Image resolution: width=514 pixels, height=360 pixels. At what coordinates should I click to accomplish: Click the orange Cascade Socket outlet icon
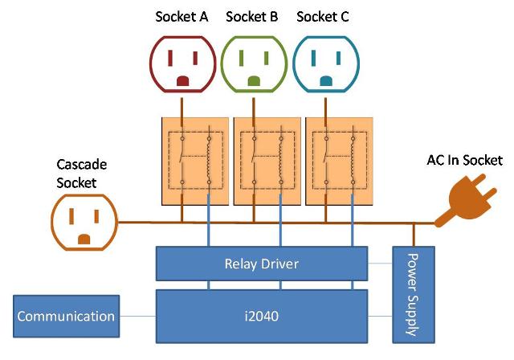tap(84, 221)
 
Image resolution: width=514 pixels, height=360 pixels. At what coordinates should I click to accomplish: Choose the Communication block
tap(66, 316)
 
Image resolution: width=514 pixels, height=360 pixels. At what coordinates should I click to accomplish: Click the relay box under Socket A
tap(195, 161)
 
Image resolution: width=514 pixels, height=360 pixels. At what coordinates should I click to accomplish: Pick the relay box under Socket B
tap(266, 161)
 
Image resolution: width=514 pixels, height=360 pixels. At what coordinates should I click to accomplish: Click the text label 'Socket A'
tap(182, 15)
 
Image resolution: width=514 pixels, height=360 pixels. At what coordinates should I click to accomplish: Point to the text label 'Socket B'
tap(252, 15)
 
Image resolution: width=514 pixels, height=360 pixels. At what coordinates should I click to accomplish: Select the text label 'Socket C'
tap(323, 15)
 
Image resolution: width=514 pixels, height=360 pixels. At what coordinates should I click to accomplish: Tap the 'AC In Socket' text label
tap(464, 160)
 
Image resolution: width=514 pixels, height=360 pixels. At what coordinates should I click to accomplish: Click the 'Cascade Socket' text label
tap(81, 173)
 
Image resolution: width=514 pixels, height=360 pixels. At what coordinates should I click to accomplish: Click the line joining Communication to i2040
tap(137, 316)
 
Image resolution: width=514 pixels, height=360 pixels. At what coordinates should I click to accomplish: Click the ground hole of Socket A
tap(182, 80)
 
